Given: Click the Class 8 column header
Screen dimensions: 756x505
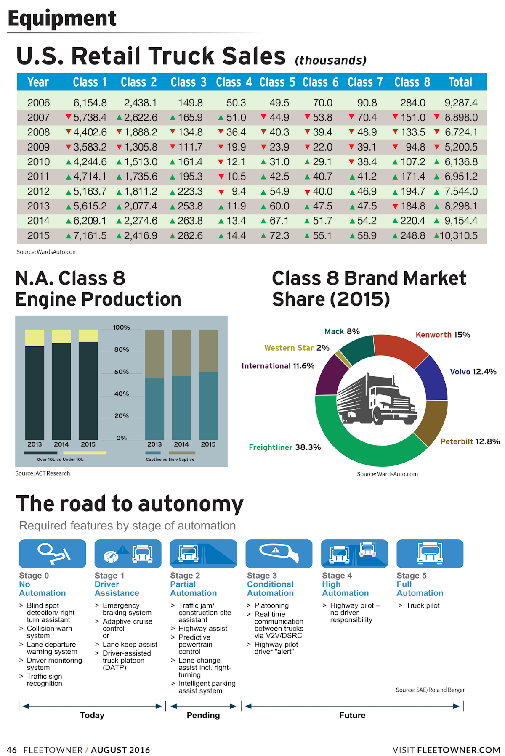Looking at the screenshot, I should [x=412, y=82].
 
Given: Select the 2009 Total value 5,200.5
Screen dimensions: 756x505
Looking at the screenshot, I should [x=461, y=147].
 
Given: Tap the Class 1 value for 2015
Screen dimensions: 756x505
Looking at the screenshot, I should [x=90, y=235].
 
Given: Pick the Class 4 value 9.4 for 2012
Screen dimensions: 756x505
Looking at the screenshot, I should [x=239, y=191].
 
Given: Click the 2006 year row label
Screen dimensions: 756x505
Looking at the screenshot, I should [x=38, y=103].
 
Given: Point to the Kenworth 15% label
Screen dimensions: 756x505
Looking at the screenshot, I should [x=443, y=335].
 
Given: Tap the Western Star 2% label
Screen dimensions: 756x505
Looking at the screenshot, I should [x=297, y=348].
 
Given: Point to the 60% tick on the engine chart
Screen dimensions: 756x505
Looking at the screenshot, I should [x=122, y=372].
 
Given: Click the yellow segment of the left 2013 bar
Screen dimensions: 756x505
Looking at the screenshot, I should [x=35, y=338].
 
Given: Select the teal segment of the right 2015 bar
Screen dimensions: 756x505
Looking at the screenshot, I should [x=208, y=406].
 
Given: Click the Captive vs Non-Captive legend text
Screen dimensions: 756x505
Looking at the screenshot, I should [x=170, y=460].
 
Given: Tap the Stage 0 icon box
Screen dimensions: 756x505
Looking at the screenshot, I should [x=52, y=554].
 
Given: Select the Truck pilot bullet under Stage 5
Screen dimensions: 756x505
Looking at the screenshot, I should [x=423, y=605].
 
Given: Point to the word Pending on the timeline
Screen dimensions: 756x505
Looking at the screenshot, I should [x=203, y=715].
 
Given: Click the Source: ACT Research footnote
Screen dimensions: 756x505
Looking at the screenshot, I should [x=43, y=473].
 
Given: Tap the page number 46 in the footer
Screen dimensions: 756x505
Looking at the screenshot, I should [x=12, y=750].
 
